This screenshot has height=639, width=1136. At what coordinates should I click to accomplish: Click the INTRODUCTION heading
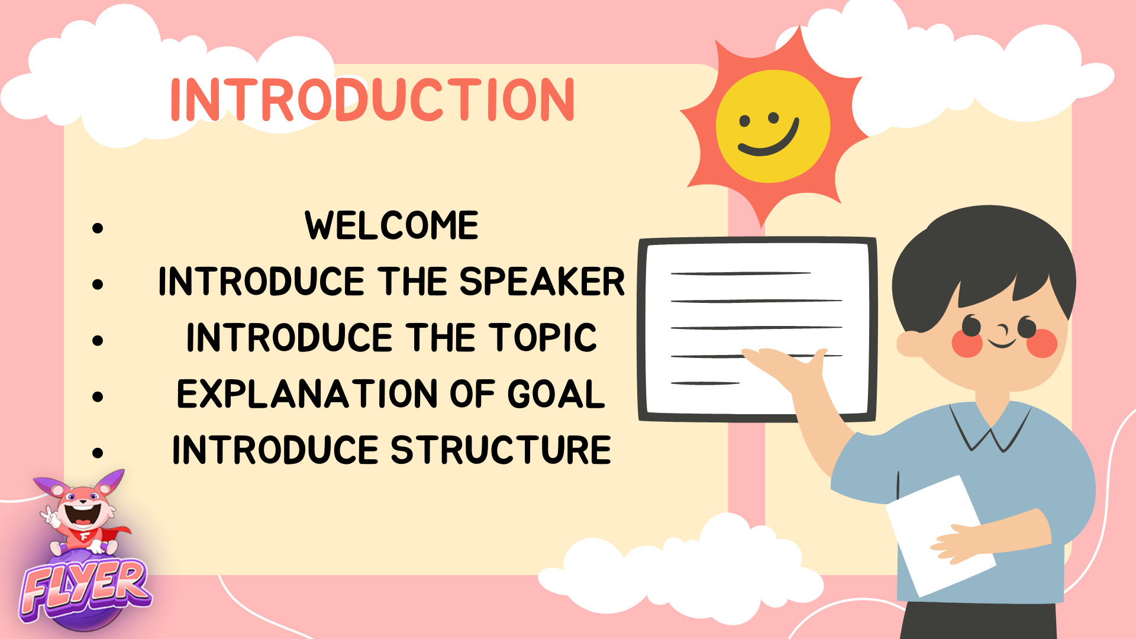pos(372,99)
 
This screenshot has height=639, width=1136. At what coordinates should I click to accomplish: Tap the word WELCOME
pos(392,225)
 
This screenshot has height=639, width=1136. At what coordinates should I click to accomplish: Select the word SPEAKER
pos(542,281)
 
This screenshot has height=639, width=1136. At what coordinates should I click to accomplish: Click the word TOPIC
pos(543,337)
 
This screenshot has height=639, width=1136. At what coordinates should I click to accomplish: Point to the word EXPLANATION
pos(307,394)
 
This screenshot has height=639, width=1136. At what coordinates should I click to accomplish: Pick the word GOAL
pos(556,394)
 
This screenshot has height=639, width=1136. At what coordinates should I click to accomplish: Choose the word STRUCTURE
pos(501,450)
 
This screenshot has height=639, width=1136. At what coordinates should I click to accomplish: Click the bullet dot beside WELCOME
pos(98,228)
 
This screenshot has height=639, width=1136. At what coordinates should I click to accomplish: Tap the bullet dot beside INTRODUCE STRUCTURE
pos(98,453)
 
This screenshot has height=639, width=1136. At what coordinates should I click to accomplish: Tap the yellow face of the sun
pos(773,125)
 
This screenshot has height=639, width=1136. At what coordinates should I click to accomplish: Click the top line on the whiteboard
pos(741,273)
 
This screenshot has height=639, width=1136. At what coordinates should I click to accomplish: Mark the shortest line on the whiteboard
pos(705,383)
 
